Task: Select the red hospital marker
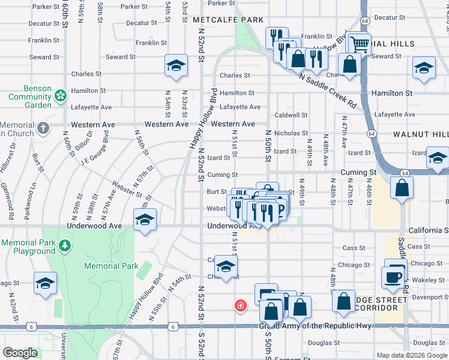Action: point(241,306)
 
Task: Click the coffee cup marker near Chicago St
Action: point(393,277)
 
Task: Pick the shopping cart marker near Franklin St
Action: point(359,43)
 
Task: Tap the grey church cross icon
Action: point(43,128)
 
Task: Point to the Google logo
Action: point(20,353)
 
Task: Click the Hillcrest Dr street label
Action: point(7,158)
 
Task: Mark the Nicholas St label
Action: point(291,133)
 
